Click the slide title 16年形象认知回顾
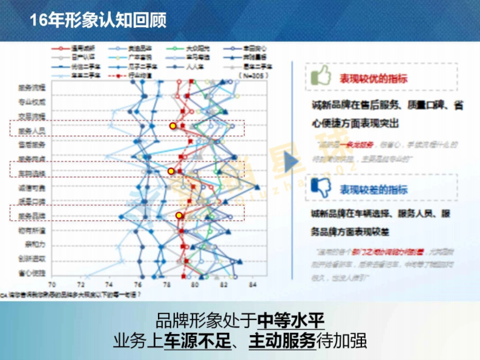[98, 20]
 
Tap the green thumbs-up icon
[320, 76]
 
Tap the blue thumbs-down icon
[320, 187]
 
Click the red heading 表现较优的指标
[373, 78]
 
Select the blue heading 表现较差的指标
[373, 189]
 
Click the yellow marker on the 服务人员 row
[173, 126]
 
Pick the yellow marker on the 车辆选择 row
[171, 171]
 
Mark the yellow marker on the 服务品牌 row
[179, 215]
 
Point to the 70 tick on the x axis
[52, 285]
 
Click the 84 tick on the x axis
[252, 285]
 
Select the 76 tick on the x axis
[138, 285]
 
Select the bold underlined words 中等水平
[291, 320]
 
